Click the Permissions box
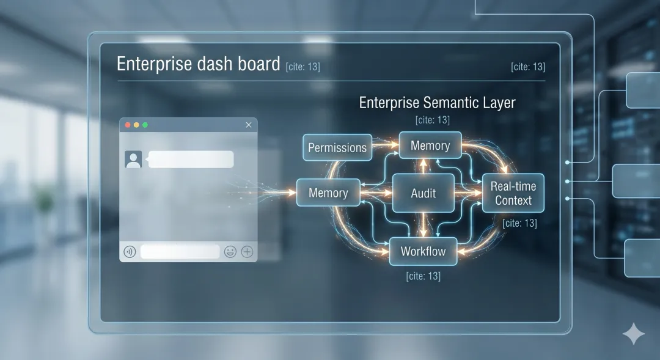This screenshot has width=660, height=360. [337, 147]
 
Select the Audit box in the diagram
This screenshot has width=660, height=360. [423, 193]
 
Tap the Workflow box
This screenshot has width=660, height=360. [423, 251]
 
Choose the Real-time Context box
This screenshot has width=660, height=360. [513, 193]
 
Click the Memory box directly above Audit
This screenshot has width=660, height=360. [430, 145]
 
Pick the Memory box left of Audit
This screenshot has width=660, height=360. [328, 193]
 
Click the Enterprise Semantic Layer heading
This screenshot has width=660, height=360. [437, 102]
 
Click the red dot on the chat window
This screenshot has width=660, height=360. [128, 125]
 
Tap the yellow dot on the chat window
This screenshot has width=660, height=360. [136, 125]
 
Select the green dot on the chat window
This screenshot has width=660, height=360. [145, 125]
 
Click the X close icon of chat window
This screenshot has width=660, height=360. [248, 125]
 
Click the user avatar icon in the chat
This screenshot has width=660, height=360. [133, 159]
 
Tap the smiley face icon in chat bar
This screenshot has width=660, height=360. [230, 251]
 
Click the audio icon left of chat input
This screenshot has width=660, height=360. [129, 251]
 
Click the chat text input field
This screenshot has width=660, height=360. [180, 251]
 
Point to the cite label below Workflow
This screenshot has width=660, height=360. [423, 276]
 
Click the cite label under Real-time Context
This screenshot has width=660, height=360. [519, 224]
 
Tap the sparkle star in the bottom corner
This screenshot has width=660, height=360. [633, 334]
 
